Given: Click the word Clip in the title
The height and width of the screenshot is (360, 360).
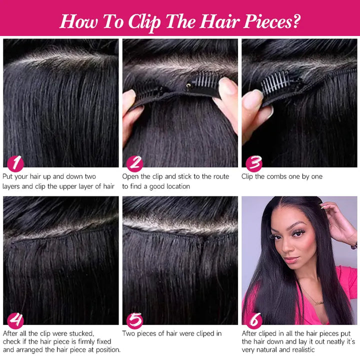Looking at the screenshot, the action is click(144, 22).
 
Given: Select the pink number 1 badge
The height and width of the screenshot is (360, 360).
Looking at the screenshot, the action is click(15, 163).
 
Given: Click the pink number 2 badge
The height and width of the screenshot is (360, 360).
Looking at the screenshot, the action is click(135, 163).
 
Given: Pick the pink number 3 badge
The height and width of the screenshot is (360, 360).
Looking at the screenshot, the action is click(254, 163).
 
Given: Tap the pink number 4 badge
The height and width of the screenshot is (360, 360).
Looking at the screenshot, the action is click(15, 320).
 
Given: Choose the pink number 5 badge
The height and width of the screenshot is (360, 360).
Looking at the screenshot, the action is click(135, 320).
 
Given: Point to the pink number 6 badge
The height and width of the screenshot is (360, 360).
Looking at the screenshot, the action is click(254, 320).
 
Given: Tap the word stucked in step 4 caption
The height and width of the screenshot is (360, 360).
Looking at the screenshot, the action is click(81, 333).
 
